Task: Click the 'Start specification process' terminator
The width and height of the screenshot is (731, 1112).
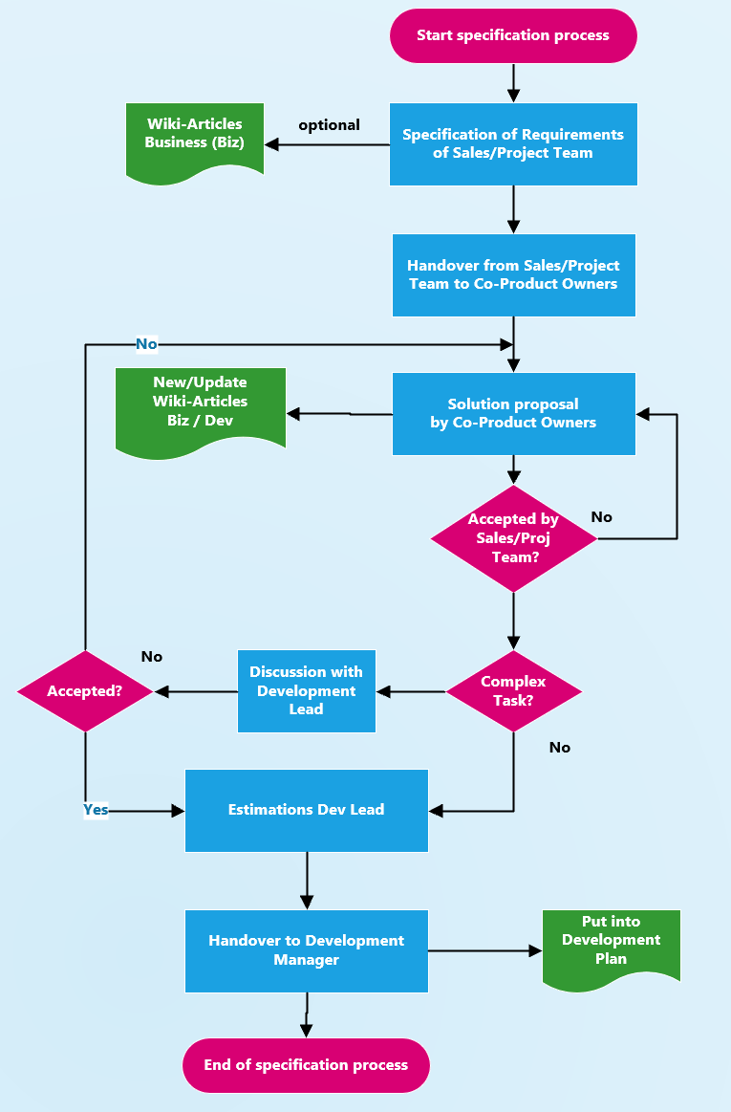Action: pos(513,36)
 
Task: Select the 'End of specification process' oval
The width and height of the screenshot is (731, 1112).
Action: pos(306,1065)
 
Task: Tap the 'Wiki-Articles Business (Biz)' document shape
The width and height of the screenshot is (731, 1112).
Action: pos(195,138)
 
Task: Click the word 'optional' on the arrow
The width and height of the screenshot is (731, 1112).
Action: pos(329,125)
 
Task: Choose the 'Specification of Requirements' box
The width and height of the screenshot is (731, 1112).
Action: pos(513,144)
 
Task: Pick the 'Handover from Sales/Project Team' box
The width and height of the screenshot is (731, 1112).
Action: pos(513,274)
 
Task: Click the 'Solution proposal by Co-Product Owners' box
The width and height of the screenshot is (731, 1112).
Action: pos(513,414)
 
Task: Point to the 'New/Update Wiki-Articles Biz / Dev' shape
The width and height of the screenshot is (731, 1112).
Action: pos(201,406)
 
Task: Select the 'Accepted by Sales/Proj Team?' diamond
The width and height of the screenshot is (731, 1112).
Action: pos(514,538)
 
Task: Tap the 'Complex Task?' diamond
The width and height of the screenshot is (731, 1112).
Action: pos(514,690)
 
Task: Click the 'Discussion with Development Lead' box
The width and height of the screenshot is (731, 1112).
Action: pos(306,690)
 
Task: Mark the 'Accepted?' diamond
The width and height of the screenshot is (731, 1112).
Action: pos(85,690)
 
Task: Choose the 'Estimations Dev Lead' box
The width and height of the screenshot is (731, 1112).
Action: pos(306,810)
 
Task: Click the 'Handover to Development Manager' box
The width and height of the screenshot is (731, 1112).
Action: pos(306,950)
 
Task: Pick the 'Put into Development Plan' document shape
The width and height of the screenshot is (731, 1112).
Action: pos(612,944)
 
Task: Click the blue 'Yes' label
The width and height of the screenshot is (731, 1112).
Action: pos(96,810)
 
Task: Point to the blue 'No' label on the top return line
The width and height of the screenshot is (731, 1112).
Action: pos(146,344)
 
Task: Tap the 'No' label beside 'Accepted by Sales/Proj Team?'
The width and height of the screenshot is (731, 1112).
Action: pos(601,517)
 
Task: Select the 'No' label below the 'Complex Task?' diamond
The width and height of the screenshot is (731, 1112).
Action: pos(560,748)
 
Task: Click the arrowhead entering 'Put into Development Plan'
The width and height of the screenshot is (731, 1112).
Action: pos(535,950)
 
